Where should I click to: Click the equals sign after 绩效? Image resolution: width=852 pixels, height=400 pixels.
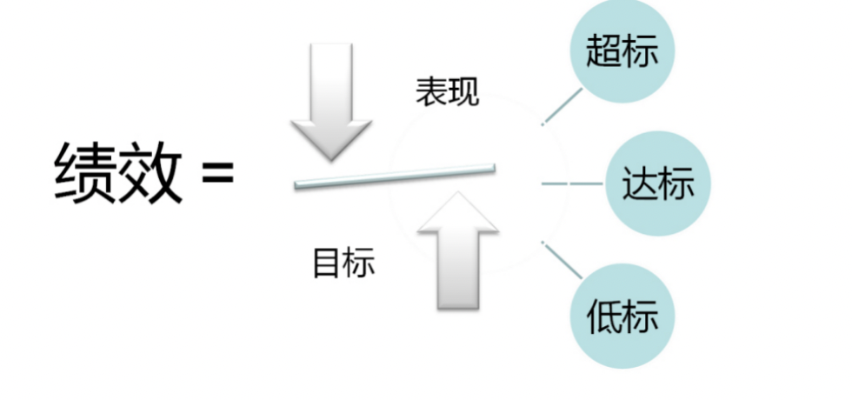tap(217, 172)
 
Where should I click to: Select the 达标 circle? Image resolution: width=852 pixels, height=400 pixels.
tap(657, 184)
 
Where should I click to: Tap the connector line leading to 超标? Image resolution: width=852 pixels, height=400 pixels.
tap(563, 104)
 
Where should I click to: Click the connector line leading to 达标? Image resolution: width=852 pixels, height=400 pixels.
tap(572, 183)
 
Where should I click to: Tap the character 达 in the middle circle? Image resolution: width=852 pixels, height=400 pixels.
tap(640, 184)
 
